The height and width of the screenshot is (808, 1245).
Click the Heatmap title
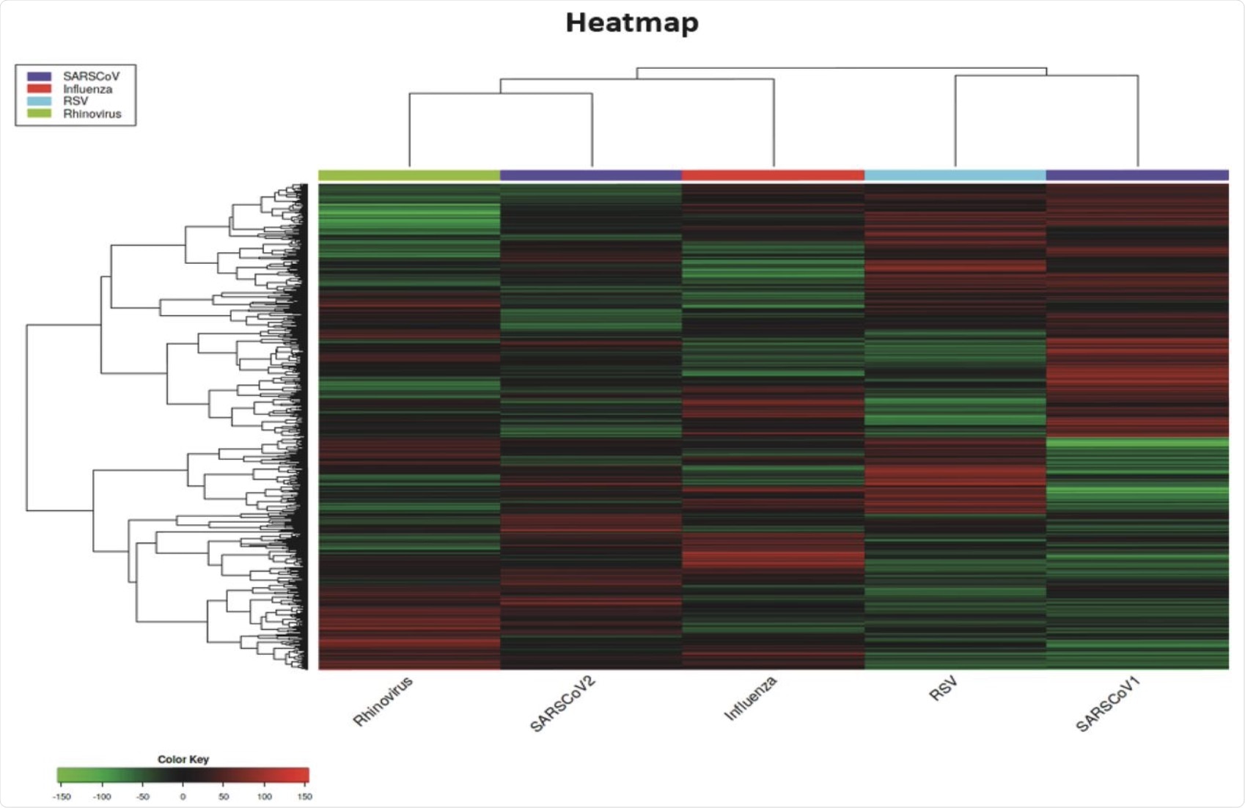coord(632,23)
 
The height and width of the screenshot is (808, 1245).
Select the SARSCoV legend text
coord(91,76)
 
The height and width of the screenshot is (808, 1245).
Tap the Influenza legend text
coord(87,89)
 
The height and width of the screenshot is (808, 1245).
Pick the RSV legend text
coord(76,101)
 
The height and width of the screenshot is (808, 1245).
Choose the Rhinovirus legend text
coord(92,114)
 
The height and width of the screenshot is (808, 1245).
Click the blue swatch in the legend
coord(39,76)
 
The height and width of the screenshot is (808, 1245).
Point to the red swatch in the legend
coord(39,89)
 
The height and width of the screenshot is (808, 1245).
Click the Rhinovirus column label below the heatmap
coord(383,701)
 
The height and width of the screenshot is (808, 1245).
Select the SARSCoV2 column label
coord(562,704)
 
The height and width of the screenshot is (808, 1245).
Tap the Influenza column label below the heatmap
coord(750,698)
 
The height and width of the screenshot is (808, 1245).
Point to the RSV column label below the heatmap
coord(943,689)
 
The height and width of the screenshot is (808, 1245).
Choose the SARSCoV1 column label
coord(1109,704)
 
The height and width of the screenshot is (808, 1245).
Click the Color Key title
coord(183,759)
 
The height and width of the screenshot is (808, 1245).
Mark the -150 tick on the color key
coord(62,796)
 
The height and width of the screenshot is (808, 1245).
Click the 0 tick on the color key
coord(183,796)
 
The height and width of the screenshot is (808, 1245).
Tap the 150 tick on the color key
coord(304,796)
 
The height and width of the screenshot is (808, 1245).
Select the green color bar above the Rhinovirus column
coord(409,175)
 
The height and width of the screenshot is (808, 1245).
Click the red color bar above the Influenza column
coord(773,175)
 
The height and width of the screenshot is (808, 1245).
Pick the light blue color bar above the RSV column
coord(955,175)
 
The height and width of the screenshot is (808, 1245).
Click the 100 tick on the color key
coord(264,796)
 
